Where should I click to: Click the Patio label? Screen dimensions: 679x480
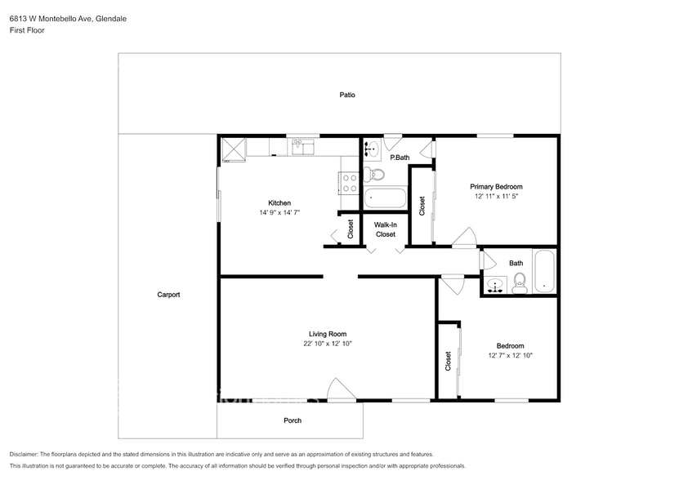(347, 95)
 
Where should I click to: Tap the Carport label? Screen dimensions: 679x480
(168, 295)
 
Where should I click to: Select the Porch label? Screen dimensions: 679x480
(293, 420)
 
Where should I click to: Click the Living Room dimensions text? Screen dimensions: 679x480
(328, 344)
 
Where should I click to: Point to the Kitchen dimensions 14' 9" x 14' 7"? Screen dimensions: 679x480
(279, 212)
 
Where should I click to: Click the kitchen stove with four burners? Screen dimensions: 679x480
(349, 183)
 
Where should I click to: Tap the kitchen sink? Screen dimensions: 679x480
(302, 146)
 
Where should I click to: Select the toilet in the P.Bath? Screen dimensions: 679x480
(373, 175)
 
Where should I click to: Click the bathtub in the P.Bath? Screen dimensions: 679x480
(385, 198)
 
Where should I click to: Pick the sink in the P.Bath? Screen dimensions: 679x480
(371, 149)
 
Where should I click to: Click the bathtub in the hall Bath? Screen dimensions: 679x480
(544, 271)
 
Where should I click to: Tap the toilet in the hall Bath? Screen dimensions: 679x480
(519, 283)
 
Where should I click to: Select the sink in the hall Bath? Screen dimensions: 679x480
(495, 285)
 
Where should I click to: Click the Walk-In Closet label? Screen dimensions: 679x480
(386, 230)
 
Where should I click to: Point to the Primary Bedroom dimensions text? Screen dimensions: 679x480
(496, 196)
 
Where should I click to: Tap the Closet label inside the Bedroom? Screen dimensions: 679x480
(449, 361)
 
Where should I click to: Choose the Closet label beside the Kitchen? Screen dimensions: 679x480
(351, 229)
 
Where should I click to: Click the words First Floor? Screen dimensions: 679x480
(27, 30)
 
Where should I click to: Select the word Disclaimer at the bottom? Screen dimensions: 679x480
(24, 455)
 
